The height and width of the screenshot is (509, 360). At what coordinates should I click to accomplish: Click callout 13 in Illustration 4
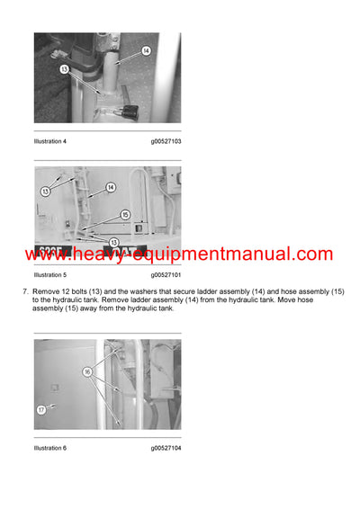pos(64,67)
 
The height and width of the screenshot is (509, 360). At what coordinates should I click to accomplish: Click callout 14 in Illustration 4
pos(147,53)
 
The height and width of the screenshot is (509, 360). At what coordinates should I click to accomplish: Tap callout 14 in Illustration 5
pos(111,187)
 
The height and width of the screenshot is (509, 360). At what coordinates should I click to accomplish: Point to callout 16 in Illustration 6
pos(89,370)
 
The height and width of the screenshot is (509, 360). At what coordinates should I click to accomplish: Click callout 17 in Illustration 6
pos(41,410)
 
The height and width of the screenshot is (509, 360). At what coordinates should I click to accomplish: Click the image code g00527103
pos(166,142)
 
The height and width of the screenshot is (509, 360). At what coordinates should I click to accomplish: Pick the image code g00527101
pos(166,274)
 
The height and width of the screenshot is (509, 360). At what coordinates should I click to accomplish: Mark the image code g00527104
pos(166,448)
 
